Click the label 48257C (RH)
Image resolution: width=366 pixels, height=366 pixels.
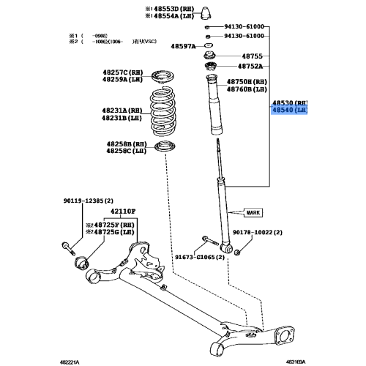125,71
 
